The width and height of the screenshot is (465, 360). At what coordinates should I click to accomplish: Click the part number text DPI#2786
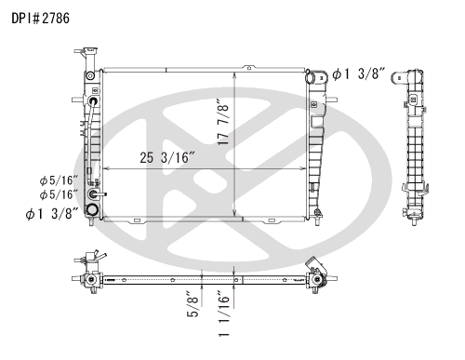tap(41, 18)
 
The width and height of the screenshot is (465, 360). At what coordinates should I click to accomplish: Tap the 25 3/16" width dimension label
tap(167, 157)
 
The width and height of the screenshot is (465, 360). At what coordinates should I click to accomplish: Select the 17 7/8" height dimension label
tap(223, 122)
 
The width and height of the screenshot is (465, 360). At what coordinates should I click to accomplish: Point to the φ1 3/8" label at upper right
tap(359, 74)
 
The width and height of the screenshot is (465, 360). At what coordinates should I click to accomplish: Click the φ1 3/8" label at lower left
tap(52, 214)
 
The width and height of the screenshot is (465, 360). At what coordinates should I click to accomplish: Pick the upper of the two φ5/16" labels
tap(59, 180)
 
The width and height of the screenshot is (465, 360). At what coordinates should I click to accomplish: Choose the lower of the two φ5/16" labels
tap(59, 194)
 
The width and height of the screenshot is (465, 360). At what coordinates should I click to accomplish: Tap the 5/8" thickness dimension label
tap(193, 304)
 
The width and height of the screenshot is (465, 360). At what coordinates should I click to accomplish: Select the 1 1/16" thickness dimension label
tap(223, 313)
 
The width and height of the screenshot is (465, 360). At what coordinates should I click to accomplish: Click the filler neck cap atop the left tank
tap(90, 50)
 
